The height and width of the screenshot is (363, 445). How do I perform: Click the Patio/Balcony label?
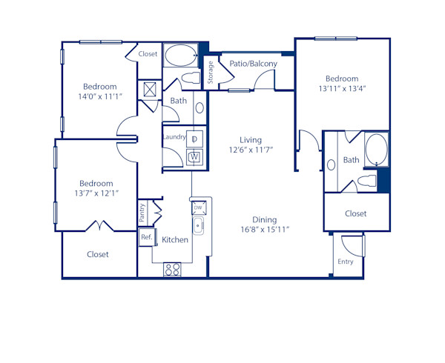click(x=253, y=64)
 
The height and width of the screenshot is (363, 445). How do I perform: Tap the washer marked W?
click(x=194, y=156)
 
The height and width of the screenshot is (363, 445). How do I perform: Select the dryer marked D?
click(x=194, y=139)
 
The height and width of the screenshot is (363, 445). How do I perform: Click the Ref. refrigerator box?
click(x=146, y=238)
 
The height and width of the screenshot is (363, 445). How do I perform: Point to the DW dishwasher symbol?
click(x=198, y=208)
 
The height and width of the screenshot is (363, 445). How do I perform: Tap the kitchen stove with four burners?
click(x=172, y=270)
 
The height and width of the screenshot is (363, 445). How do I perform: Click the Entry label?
click(x=346, y=262)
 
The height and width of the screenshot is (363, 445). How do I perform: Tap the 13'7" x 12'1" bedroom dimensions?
click(x=96, y=194)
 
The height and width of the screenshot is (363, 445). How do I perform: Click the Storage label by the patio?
click(x=210, y=71)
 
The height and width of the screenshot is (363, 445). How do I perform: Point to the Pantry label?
click(x=142, y=213)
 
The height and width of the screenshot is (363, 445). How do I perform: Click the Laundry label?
click(x=174, y=136)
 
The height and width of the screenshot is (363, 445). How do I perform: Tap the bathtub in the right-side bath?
click(x=375, y=149)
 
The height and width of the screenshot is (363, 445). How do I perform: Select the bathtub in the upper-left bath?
click(x=179, y=54)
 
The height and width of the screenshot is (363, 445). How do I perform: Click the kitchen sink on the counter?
click(x=198, y=226)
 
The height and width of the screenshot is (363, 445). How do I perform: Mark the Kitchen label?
click(x=175, y=240)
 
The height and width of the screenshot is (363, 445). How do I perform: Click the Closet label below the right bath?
click(x=356, y=213)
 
